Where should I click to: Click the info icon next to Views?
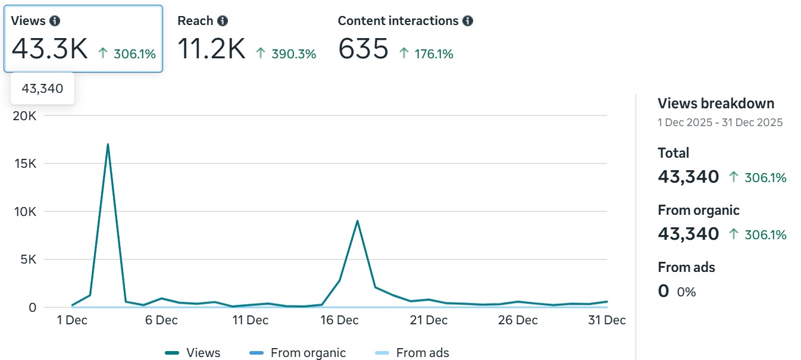click(x=55, y=21)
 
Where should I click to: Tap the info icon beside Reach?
click(x=223, y=21)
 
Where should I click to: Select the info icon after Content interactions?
click(x=468, y=21)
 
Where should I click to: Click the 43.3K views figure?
click(x=49, y=49)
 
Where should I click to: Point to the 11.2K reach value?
click(x=211, y=49)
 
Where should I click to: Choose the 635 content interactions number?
click(x=363, y=49)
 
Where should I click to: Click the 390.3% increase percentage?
click(x=293, y=54)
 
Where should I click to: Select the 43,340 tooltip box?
click(x=42, y=89)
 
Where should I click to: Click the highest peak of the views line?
click(x=108, y=144)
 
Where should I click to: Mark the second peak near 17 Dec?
click(x=357, y=221)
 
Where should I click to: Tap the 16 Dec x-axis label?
click(x=339, y=320)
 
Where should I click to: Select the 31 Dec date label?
click(x=607, y=320)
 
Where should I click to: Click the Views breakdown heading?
click(x=716, y=104)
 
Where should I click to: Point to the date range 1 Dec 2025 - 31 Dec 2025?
click(x=720, y=123)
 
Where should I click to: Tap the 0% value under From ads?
click(x=686, y=292)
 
